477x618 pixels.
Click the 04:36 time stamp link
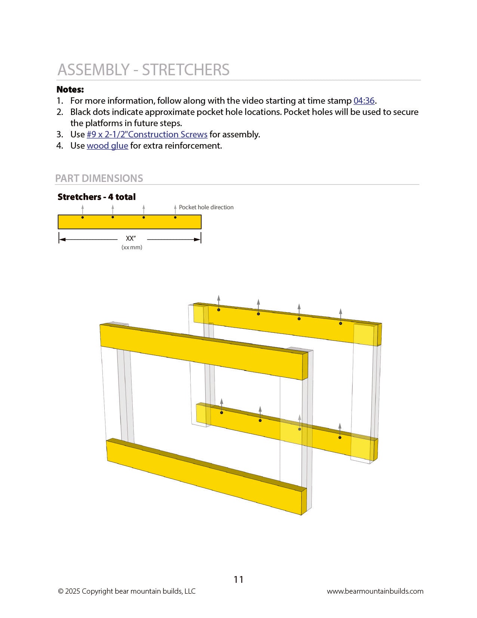pyautogui.click(x=364, y=101)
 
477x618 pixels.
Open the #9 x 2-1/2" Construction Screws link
pyautogui.click(x=147, y=135)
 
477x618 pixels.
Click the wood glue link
pyautogui.click(x=107, y=146)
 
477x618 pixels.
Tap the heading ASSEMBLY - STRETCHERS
pyautogui.click(x=144, y=70)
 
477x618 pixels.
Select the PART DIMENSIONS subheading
pyautogui.click(x=99, y=179)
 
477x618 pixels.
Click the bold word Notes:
pyautogui.click(x=70, y=90)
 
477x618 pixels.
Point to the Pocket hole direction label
pyautogui.click(x=206, y=207)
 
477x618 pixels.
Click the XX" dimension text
pyautogui.click(x=131, y=238)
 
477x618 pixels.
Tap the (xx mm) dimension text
pyautogui.click(x=132, y=247)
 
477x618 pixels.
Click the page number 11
pyautogui.click(x=238, y=579)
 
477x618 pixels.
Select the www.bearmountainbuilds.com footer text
pyautogui.click(x=375, y=591)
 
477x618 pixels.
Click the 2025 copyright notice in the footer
pyautogui.click(x=127, y=591)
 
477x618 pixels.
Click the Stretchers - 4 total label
pyautogui.click(x=96, y=197)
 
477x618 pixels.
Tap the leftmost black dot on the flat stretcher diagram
pyautogui.click(x=83, y=217)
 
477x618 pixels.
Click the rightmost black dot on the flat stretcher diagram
pyautogui.click(x=175, y=217)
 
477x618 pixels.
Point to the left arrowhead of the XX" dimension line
pyautogui.click(x=62, y=240)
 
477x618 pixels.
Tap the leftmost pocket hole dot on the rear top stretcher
pyautogui.click(x=219, y=310)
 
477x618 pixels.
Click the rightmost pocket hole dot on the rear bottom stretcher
pyautogui.click(x=340, y=438)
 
